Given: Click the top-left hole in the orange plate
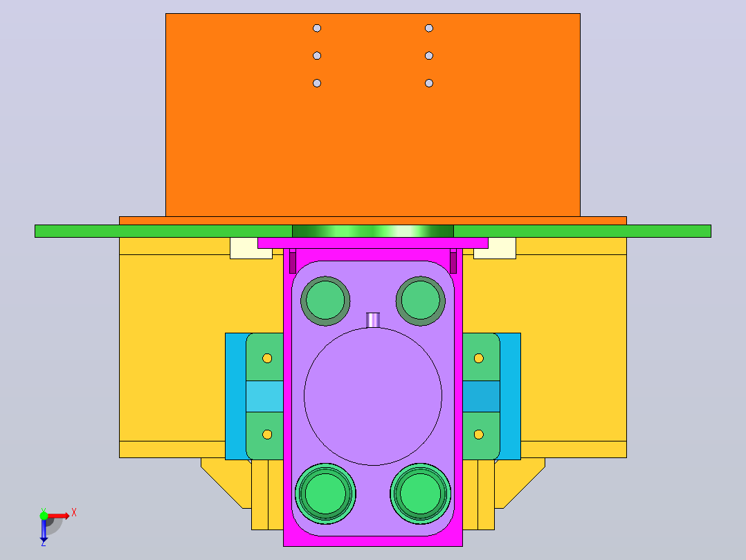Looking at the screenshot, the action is coord(317,28).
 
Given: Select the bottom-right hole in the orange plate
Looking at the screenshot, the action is coord(429,83).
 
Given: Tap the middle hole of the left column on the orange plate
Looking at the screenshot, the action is coord(317,55).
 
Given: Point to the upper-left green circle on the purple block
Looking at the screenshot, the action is coord(325,301).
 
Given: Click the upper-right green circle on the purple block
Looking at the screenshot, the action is coord(421,301).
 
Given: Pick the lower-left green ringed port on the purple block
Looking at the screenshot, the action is coord(325,493).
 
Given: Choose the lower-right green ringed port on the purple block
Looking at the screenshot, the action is coord(421,493).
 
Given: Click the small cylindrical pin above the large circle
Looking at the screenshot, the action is coord(373,320).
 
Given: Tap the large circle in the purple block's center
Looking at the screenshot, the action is coord(373,396).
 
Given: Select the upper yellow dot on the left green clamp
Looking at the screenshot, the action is coord(267,358).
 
